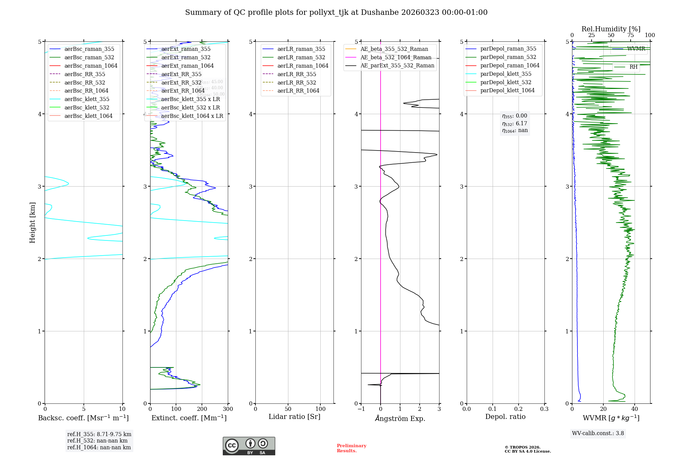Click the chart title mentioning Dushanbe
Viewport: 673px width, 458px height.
tap(336, 12)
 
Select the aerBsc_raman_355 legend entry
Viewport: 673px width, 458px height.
tap(89, 49)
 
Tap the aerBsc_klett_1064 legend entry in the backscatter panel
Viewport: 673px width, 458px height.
tap(88, 116)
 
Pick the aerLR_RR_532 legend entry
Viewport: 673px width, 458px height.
tap(296, 83)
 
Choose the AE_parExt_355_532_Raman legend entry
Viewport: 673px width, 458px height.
tap(397, 66)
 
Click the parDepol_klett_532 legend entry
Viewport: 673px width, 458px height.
tap(505, 82)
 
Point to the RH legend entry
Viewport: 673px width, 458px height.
tap(633, 67)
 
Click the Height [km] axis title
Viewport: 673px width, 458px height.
tap(32, 222)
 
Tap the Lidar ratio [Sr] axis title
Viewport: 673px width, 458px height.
tap(294, 417)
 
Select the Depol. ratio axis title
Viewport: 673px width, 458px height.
tap(505, 417)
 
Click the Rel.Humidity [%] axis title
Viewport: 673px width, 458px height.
tap(611, 29)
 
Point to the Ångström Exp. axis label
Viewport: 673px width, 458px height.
tap(400, 418)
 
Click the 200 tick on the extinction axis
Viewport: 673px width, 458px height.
tap(202, 409)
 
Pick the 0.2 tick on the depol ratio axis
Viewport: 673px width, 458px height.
tap(519, 409)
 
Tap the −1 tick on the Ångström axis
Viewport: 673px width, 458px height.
tap(361, 409)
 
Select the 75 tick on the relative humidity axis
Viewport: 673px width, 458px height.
tap(630, 35)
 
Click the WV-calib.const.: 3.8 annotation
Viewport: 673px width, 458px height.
tap(598, 433)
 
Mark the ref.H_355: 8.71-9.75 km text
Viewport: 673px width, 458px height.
tap(99, 434)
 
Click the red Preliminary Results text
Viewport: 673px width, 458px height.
tap(351, 448)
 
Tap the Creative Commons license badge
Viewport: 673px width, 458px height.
tap(249, 446)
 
